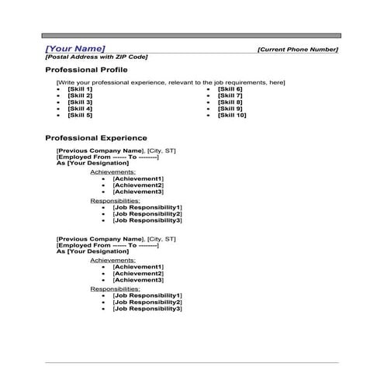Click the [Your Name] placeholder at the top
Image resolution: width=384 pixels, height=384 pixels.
pos(75,48)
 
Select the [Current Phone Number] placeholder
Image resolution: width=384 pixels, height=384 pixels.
pos(298,50)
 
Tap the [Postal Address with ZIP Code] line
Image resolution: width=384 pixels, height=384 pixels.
pos(96,57)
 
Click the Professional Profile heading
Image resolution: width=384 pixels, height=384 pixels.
pos(87,70)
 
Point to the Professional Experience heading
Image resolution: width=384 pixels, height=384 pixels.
pos(96,138)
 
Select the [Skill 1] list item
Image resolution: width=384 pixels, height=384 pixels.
pos(80,89)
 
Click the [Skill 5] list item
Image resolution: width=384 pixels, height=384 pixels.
pos(80,115)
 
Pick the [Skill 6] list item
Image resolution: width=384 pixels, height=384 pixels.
pos(230,89)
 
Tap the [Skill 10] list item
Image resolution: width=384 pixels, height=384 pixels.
pos(232,115)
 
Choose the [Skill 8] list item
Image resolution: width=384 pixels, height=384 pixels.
pos(230,102)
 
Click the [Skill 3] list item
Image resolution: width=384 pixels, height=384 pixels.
pos(80,102)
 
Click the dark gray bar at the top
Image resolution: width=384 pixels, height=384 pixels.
pos(192,36)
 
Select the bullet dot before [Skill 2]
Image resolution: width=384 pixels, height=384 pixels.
pos(58,96)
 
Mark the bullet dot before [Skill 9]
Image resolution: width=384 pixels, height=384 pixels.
pos(208,109)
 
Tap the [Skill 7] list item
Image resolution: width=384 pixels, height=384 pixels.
pos(230,95)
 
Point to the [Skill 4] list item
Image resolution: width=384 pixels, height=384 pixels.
pos(80,109)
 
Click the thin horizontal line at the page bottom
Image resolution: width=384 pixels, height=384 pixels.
pos(192,362)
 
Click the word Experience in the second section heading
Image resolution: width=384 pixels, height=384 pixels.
pos(121,138)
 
